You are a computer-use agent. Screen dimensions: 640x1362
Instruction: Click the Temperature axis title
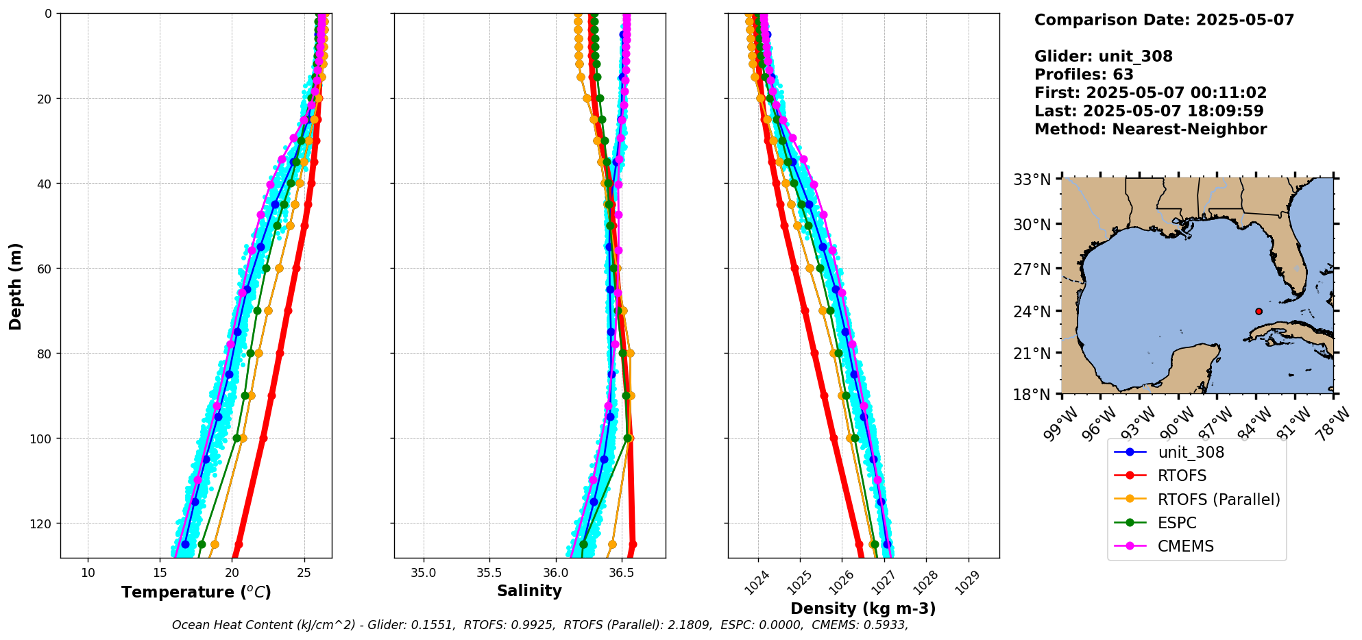pos(196,592)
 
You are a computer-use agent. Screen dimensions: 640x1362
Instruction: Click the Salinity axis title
pos(529,591)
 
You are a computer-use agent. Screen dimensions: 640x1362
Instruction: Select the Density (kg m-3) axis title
pos(863,608)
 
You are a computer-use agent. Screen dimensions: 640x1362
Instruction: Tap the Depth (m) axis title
pos(15,286)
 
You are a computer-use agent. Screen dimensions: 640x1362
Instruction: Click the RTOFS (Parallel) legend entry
pos(1218,500)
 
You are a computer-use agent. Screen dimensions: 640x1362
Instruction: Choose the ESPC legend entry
pos(1176,523)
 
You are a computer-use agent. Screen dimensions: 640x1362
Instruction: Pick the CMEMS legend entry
pos(1185,546)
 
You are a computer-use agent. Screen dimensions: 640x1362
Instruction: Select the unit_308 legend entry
pos(1191,452)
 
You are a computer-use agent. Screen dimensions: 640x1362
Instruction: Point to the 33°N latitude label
pos(1032,180)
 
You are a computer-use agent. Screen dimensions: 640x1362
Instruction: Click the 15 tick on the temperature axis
pos(160,572)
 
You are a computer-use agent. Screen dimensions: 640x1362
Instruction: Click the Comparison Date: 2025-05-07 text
pos(1164,20)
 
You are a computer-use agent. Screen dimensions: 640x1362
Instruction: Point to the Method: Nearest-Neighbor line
pos(1150,129)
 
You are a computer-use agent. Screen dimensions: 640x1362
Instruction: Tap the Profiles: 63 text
pos(1084,74)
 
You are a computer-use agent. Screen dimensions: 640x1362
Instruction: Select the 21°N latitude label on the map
pos(1032,354)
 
